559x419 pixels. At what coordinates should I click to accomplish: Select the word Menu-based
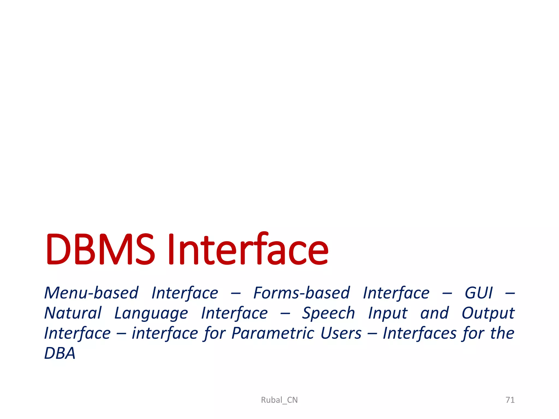pyautogui.click(x=91, y=293)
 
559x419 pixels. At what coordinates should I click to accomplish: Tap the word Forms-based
pyautogui.click(x=302, y=293)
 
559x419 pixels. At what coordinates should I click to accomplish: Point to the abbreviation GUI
pyautogui.click(x=479, y=293)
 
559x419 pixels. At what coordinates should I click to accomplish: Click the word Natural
pyautogui.click(x=73, y=313)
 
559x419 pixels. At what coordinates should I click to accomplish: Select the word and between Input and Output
pyautogui.click(x=435, y=313)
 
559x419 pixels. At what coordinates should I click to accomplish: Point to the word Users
pyautogui.click(x=341, y=333)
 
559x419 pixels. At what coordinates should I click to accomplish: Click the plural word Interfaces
pyautogui.click(x=420, y=333)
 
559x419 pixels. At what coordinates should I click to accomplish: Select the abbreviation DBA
pyautogui.click(x=60, y=354)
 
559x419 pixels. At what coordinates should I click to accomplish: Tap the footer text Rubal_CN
pyautogui.click(x=279, y=400)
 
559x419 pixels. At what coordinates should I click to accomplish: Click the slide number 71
pyautogui.click(x=510, y=400)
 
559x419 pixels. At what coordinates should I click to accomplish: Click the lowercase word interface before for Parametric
pyautogui.click(x=165, y=333)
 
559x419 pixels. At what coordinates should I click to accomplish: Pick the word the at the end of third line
pyautogui.click(x=502, y=333)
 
